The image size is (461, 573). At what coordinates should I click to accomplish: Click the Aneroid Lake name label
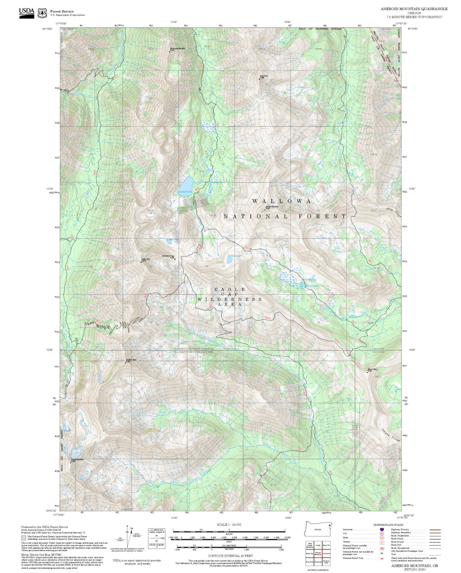pos(184,192)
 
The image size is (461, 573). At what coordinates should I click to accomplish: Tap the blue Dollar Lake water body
pos(230,261)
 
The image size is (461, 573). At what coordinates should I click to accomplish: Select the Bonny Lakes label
pos(312,286)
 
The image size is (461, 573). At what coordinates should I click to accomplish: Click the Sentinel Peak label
pos(131,360)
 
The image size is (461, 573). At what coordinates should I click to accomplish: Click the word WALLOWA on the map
pos(282,201)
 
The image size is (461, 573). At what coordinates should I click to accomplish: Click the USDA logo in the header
pos(27,13)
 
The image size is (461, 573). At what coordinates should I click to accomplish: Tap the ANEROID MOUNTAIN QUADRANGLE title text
pos(414,9)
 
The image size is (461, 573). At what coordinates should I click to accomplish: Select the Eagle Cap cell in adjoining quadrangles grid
pos(309,553)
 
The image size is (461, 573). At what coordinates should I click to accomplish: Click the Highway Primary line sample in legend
pos(434,530)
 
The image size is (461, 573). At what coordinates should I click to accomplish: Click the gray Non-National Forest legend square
pos(23,538)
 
